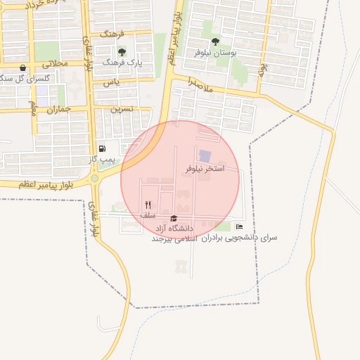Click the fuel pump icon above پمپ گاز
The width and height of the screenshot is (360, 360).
103,148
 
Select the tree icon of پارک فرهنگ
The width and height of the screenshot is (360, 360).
122,52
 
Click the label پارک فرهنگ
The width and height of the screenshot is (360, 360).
122,63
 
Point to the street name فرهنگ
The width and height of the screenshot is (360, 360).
112,34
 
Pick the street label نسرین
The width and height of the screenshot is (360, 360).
121,109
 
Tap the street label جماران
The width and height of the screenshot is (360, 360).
59,109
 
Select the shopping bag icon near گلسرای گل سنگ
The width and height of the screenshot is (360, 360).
23,68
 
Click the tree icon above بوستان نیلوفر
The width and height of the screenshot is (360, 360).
215,41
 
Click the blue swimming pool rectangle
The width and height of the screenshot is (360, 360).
205,155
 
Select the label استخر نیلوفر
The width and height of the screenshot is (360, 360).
205,169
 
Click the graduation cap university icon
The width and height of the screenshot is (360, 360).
174,219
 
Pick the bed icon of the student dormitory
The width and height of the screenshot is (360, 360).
240,226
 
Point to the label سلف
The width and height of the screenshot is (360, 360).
148,215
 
